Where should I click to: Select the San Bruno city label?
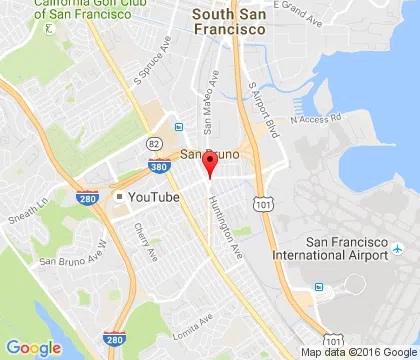(205, 153)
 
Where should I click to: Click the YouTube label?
(154, 197)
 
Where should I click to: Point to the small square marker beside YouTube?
(119, 197)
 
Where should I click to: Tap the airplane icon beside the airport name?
(398, 247)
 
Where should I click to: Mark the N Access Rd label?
(316, 118)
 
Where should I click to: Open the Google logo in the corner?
(33, 347)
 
